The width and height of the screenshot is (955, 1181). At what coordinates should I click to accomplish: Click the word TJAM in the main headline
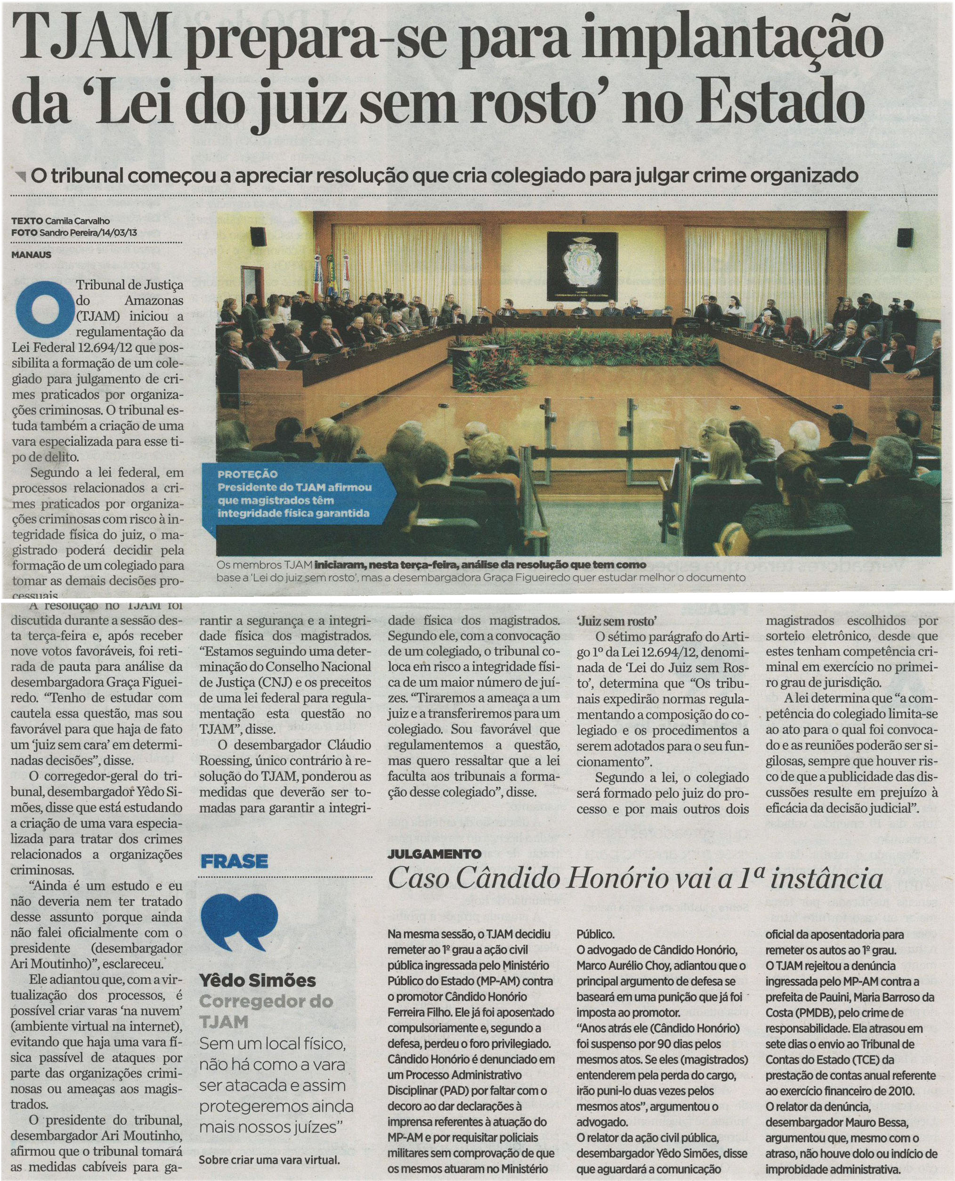[x=92, y=39]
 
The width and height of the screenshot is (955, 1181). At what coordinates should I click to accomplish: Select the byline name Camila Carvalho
[x=77, y=220]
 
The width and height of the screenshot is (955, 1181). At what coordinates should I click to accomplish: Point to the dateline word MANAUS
[x=32, y=255]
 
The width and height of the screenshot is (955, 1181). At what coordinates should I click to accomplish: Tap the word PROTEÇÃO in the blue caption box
[x=248, y=474]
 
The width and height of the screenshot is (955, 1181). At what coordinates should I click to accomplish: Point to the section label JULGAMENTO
[x=435, y=854]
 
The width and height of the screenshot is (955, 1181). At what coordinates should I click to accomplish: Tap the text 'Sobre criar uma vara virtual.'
[x=269, y=1159]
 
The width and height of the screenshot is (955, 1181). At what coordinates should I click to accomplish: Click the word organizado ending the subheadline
[x=804, y=176]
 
